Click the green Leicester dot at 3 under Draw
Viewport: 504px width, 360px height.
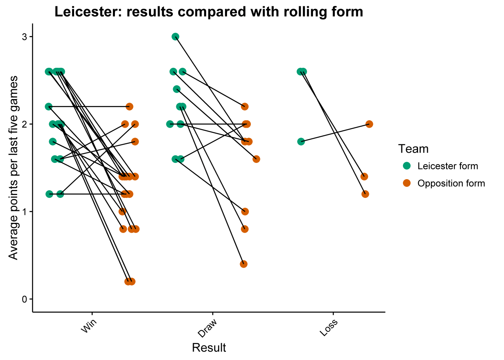175,36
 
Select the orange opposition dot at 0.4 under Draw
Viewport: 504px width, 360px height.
244,264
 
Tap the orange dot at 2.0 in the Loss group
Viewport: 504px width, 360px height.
369,124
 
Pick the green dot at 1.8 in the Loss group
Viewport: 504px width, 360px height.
301,142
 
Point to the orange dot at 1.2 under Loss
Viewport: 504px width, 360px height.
365,194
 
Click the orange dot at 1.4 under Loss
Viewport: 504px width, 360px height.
364,176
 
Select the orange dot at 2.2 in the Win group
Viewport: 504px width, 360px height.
129,107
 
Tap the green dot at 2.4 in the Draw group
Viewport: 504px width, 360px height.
177,89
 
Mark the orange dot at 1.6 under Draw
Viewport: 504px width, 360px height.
256,159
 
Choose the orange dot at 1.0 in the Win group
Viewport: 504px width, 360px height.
122,211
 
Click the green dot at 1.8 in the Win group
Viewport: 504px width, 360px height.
53,142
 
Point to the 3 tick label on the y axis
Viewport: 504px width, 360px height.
24,37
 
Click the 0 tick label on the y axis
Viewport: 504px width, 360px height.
24,299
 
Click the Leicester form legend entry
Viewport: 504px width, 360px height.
448,166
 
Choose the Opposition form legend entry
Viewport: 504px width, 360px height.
451,184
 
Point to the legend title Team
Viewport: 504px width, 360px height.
413,149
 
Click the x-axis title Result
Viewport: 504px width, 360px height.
209,348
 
